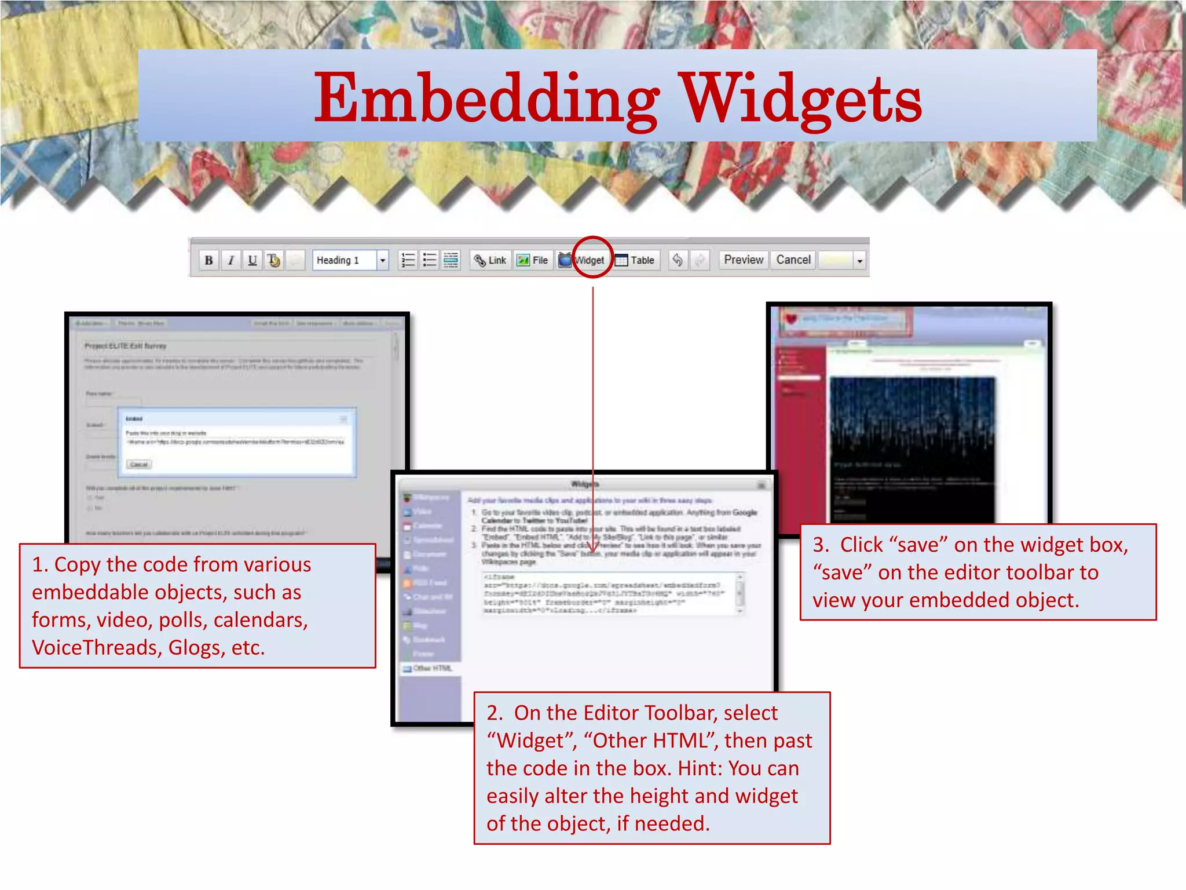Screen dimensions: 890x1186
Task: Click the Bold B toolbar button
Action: [x=208, y=260]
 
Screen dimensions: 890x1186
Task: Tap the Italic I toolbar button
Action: [x=230, y=260]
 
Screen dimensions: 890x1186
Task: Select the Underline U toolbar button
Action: [x=252, y=260]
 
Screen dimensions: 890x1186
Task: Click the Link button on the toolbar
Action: [x=490, y=260]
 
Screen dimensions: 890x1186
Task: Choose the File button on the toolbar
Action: [x=533, y=260]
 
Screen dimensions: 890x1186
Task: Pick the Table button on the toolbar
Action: [x=635, y=260]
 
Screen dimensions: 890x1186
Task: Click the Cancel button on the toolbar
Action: [x=793, y=260]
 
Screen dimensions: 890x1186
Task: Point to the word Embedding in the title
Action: [x=486, y=99]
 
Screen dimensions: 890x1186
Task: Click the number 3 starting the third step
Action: [x=818, y=545]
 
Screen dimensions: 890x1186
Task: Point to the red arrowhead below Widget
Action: [x=593, y=548]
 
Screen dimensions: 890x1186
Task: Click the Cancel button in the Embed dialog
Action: [x=139, y=464]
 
